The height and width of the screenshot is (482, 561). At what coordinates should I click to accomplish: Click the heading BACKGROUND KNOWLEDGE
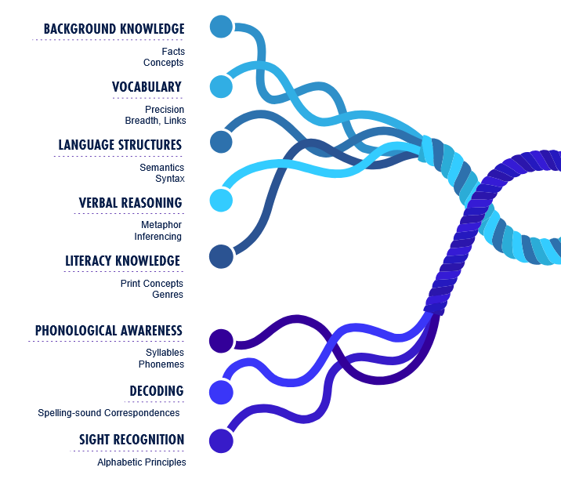pyautogui.click(x=114, y=29)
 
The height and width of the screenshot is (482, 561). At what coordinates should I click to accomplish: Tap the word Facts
pyautogui.click(x=172, y=52)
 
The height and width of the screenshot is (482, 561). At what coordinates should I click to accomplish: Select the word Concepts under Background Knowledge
pyautogui.click(x=163, y=63)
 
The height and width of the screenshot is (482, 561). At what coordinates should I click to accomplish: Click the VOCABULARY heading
pyautogui.click(x=147, y=87)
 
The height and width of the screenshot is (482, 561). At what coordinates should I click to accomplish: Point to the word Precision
pyautogui.click(x=165, y=110)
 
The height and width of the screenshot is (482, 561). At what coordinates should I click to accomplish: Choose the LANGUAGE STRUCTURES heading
pyautogui.click(x=120, y=145)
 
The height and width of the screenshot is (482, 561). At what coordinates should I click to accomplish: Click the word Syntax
pyautogui.click(x=170, y=179)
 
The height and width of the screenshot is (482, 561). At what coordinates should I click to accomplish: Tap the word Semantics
pyautogui.click(x=162, y=168)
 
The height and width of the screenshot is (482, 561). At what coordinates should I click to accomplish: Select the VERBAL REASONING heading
pyautogui.click(x=130, y=203)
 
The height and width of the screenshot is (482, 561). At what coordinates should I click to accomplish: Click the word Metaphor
pyautogui.click(x=161, y=225)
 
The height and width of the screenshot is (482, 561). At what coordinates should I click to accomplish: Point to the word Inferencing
pyautogui.click(x=157, y=237)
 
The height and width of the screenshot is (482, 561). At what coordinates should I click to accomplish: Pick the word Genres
pyautogui.click(x=168, y=295)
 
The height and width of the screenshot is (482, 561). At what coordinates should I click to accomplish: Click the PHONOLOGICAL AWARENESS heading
pyautogui.click(x=109, y=331)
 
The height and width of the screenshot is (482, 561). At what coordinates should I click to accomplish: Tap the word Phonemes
pyautogui.click(x=161, y=364)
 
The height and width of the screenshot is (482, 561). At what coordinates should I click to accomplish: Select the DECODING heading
pyautogui.click(x=157, y=391)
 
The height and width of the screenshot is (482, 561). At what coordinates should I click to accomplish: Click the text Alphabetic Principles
pyautogui.click(x=142, y=462)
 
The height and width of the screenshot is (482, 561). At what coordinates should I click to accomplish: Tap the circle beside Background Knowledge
pyautogui.click(x=222, y=27)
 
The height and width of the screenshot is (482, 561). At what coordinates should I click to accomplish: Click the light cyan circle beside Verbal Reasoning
pyautogui.click(x=222, y=200)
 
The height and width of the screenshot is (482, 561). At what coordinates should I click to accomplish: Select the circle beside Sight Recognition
pyautogui.click(x=221, y=440)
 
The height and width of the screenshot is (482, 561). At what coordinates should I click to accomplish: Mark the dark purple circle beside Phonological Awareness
pyautogui.click(x=222, y=341)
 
